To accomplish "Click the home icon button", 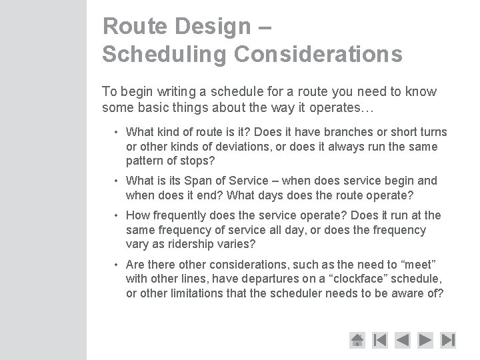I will pos(357,339).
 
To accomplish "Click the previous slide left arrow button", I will pos(402,339).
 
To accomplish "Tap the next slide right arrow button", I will pos(425,339).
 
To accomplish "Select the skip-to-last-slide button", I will pos(448,339).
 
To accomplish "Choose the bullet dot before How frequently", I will pos(116,215).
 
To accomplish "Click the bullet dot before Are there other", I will pos(116,265).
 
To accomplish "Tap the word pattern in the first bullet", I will pos(145,160).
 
